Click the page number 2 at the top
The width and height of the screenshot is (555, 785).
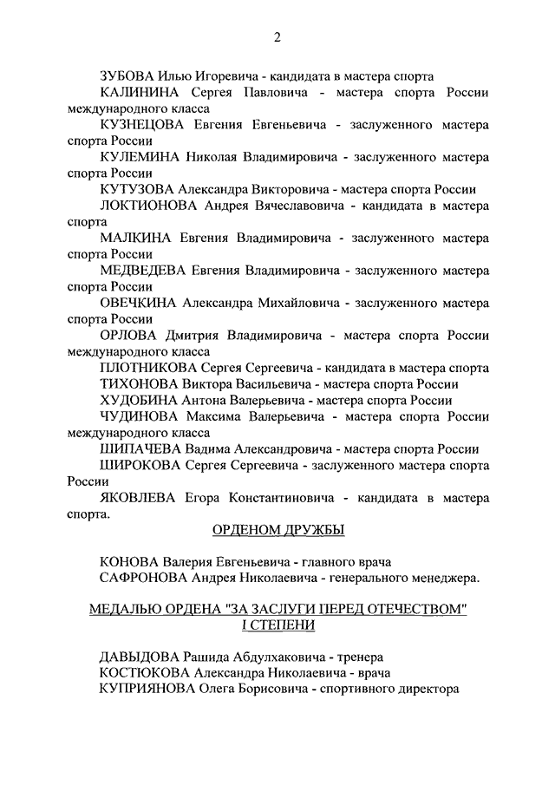click(x=277, y=36)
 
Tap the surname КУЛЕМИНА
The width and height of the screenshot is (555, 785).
click(x=141, y=157)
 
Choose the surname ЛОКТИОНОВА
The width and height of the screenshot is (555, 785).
click(x=148, y=206)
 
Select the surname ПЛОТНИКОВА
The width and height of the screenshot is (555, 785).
click(x=149, y=367)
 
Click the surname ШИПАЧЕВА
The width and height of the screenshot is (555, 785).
click(x=139, y=448)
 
